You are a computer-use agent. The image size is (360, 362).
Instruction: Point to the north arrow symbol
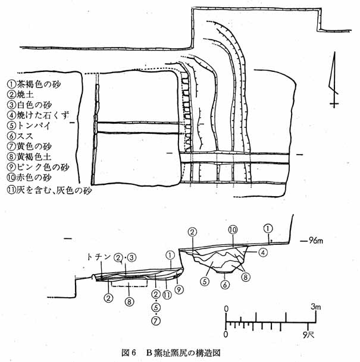[334, 80]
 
